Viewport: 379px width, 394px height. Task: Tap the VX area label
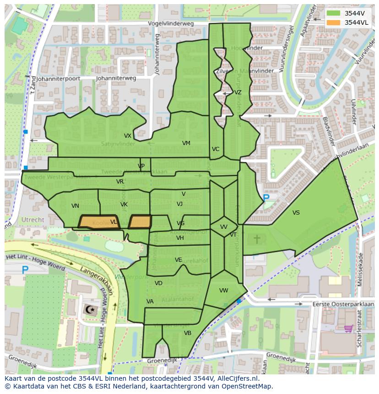128,136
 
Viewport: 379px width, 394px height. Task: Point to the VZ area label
238,92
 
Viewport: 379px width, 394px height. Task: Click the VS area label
296,213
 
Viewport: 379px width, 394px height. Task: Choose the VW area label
224,291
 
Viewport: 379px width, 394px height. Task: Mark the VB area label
188,333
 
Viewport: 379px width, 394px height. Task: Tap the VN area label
76,206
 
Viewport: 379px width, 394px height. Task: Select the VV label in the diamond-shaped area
224,227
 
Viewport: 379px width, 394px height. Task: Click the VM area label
186,143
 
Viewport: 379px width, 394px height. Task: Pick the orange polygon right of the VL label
140,222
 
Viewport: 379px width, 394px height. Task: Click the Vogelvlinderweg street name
171,24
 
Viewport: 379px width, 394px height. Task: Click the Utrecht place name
33,220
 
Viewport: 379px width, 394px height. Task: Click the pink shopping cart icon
348,329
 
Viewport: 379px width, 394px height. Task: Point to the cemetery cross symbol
257,238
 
